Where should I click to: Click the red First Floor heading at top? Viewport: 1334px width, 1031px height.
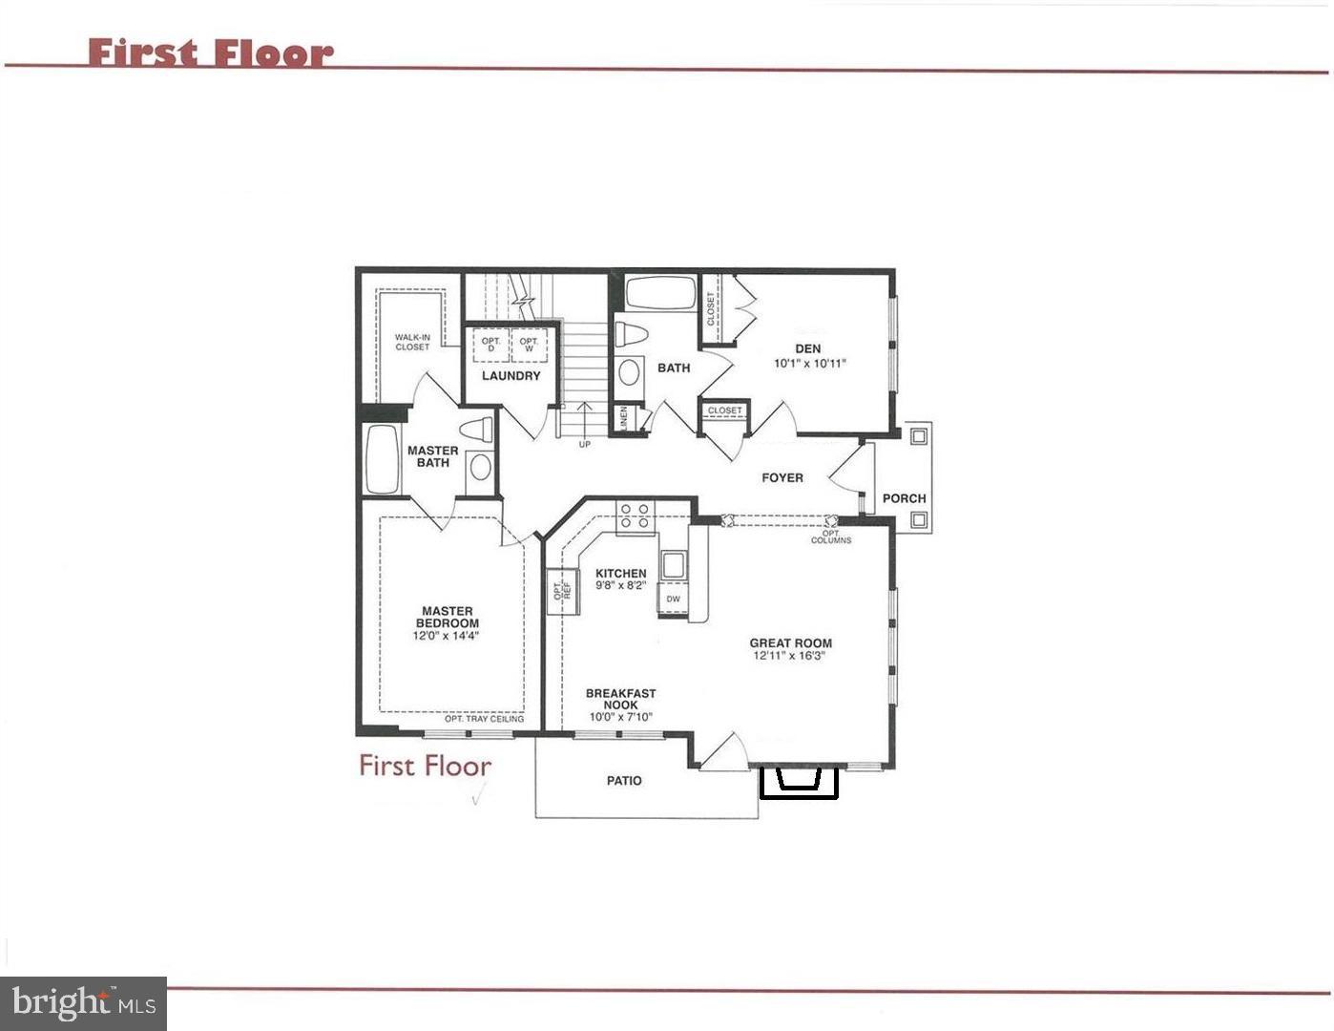pyautogui.click(x=211, y=53)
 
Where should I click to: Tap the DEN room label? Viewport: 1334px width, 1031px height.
pyautogui.click(x=808, y=348)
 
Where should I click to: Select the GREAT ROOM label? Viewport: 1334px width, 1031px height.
pyautogui.click(x=790, y=643)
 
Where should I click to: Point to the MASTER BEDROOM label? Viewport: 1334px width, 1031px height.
pyautogui.click(x=448, y=617)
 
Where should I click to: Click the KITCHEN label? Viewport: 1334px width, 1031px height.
pyautogui.click(x=620, y=574)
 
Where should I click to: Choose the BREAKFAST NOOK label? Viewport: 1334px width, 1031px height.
pyautogui.click(x=620, y=700)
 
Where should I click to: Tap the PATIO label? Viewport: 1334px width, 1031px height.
pyautogui.click(x=624, y=781)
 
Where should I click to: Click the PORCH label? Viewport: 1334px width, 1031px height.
pyautogui.click(x=904, y=498)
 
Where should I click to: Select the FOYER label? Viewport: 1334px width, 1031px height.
pyautogui.click(x=782, y=477)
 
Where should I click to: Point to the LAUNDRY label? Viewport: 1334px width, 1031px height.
pyautogui.click(x=511, y=376)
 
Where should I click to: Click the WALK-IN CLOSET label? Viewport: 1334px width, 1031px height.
pyautogui.click(x=412, y=342)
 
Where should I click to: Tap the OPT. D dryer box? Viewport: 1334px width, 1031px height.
pyautogui.click(x=491, y=345)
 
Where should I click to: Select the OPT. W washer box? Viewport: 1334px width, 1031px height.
pyautogui.click(x=529, y=345)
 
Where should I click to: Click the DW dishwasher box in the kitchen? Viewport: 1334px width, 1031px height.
pyautogui.click(x=674, y=600)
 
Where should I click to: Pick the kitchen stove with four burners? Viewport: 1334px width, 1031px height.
pyautogui.click(x=636, y=515)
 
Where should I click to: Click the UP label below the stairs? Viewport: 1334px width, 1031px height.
pyautogui.click(x=584, y=445)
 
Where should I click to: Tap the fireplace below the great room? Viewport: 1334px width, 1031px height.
pyautogui.click(x=798, y=781)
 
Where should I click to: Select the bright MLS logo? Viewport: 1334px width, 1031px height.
pyautogui.click(x=84, y=1003)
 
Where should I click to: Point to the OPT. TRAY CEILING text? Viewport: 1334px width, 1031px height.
pyautogui.click(x=484, y=719)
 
